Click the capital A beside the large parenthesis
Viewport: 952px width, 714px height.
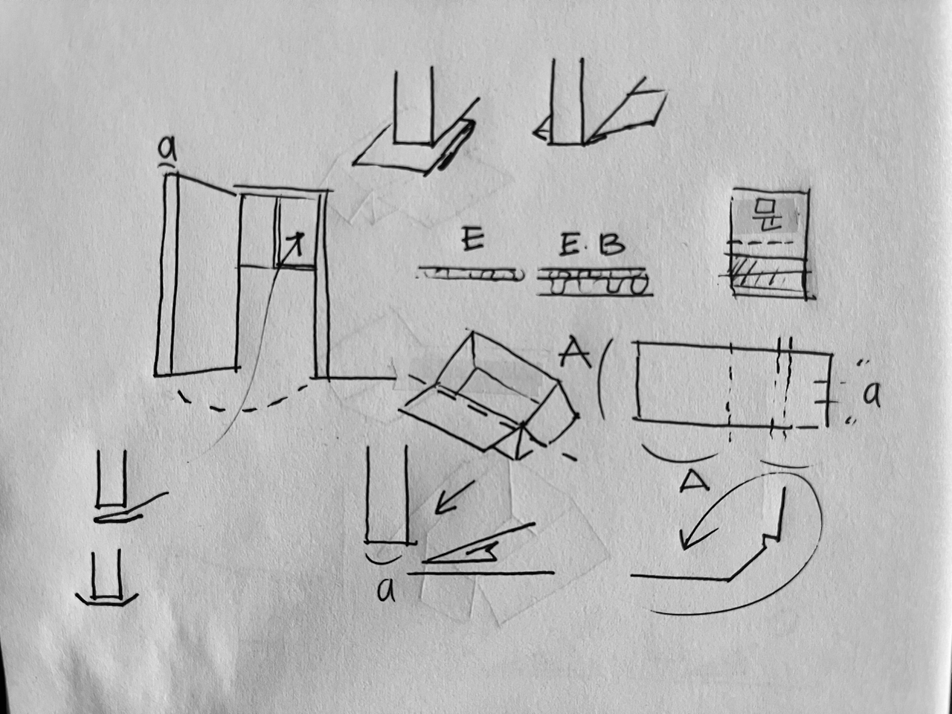tap(573, 353)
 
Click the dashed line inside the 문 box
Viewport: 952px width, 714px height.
tap(766, 242)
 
